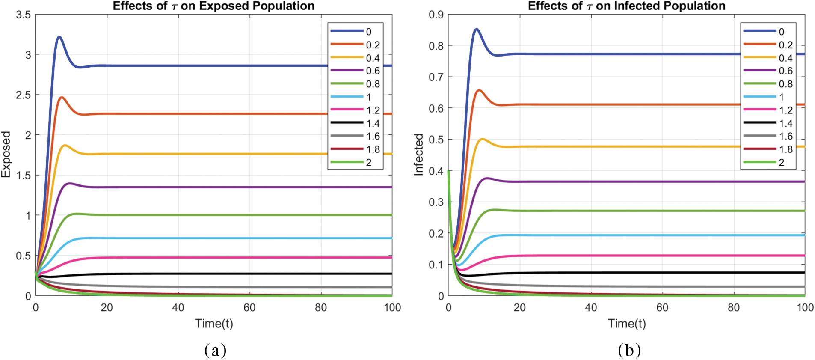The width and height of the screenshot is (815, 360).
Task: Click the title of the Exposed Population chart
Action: pyautogui.click(x=213, y=6)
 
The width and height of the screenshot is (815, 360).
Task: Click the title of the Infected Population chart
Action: pyautogui.click(x=626, y=6)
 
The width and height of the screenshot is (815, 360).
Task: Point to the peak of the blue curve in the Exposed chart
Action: pyautogui.click(x=59, y=37)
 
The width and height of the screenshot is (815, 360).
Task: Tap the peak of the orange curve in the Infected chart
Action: pyautogui.click(x=479, y=90)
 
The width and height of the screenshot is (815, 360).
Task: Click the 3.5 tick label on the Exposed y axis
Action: pyautogui.click(x=24, y=15)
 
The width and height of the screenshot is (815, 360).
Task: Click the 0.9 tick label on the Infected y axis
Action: pyautogui.click(x=436, y=15)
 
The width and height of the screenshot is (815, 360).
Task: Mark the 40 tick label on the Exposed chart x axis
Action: pyautogui.click(x=178, y=308)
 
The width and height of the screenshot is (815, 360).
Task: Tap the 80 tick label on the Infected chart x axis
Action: pyautogui.click(x=734, y=308)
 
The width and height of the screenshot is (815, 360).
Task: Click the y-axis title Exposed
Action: pyautogui.click(x=6, y=155)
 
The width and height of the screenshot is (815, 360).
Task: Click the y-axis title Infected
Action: pyautogui.click(x=418, y=155)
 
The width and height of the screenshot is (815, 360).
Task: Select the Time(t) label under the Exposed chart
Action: pyautogui.click(x=214, y=324)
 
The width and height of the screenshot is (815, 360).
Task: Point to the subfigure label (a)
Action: pyautogui.click(x=215, y=350)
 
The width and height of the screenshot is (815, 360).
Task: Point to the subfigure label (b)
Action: pyautogui.click(x=629, y=350)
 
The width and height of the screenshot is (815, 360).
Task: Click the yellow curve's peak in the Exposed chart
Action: pyautogui.click(x=65, y=145)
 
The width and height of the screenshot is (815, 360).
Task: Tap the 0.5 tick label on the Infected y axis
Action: pyautogui.click(x=436, y=140)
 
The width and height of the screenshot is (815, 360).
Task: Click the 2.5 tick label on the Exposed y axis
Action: pyautogui.click(x=24, y=95)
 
